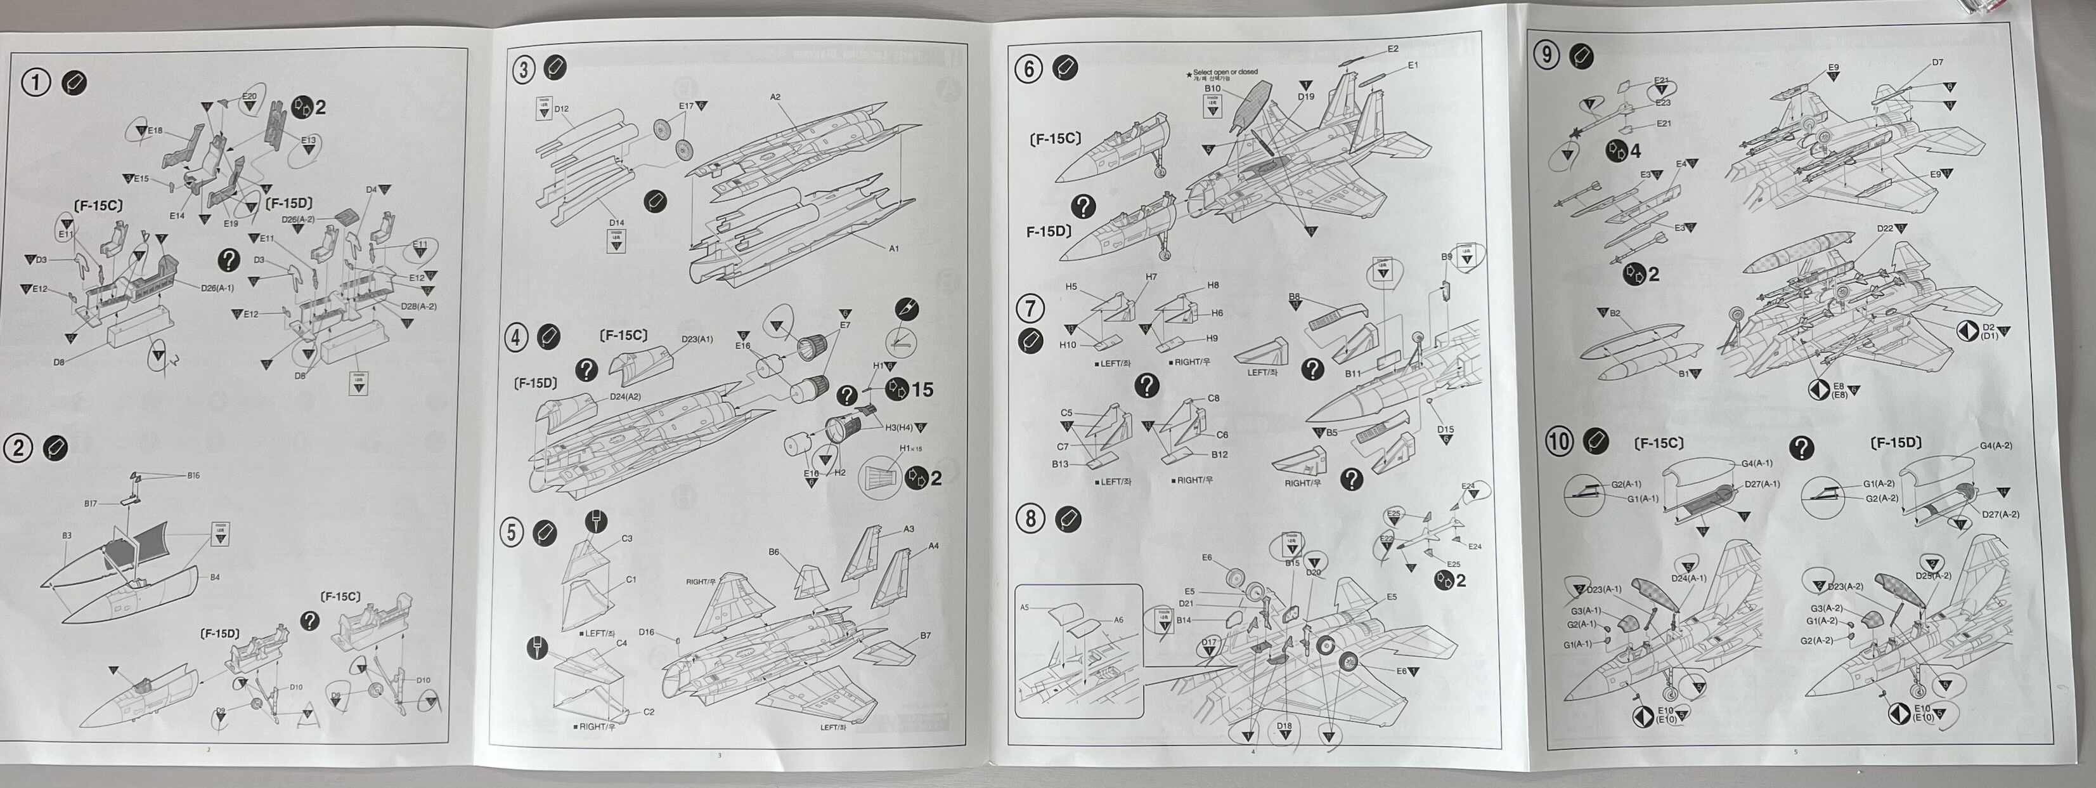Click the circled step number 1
click(35, 82)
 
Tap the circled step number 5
click(511, 532)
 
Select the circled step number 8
click(1030, 518)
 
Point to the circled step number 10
click(1559, 442)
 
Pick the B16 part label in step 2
click(193, 475)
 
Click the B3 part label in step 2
click(67, 535)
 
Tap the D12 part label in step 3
click(562, 108)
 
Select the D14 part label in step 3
click(616, 222)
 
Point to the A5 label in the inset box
click(1025, 607)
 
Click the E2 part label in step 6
click(1392, 49)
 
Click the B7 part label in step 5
click(925, 635)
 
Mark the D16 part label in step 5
click(646, 632)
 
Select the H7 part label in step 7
click(1151, 277)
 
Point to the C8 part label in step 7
click(1213, 398)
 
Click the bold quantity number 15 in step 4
click(922, 390)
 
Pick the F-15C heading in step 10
click(1659, 443)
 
